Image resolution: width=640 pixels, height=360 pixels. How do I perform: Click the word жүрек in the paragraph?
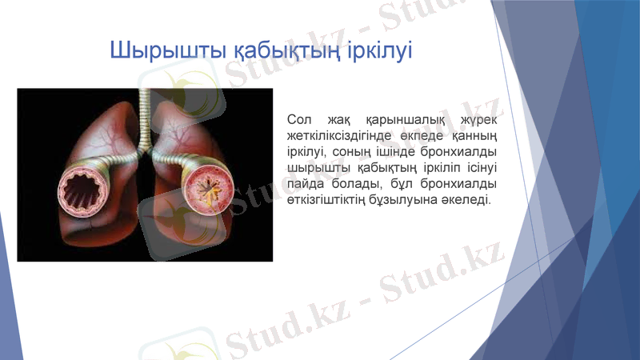pos(479,119)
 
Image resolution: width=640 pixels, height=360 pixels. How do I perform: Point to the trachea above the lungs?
pos(145,112)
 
